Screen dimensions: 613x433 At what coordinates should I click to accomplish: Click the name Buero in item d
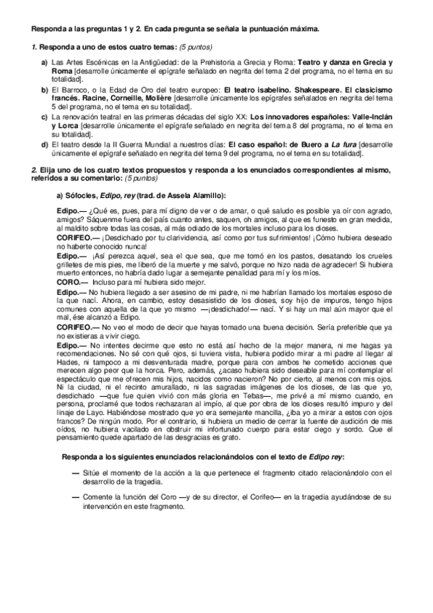click(x=304, y=144)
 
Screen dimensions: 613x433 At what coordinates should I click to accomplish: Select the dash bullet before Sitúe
click(x=77, y=473)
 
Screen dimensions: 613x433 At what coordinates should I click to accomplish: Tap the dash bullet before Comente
click(x=77, y=497)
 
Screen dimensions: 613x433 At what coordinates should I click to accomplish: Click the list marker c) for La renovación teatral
click(x=45, y=116)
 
